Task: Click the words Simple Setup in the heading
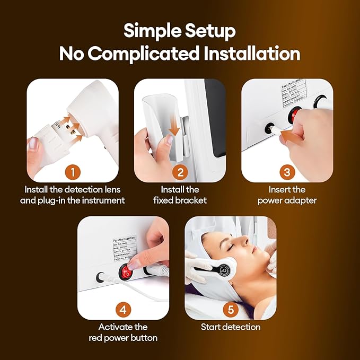[180, 31]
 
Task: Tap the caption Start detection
[231, 327]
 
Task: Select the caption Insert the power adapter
[287, 195]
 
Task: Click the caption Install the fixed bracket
[180, 195]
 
